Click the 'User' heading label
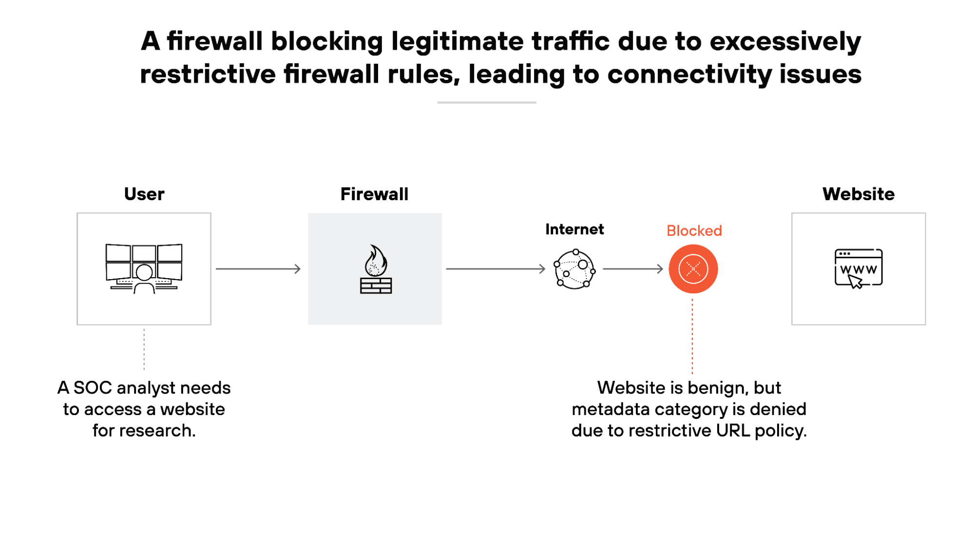click(144, 194)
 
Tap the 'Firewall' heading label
click(374, 194)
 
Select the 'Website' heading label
click(859, 194)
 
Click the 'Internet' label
click(574, 229)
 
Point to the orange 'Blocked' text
click(694, 230)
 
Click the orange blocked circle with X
click(693, 269)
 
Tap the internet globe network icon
click(574, 269)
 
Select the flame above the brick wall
click(376, 261)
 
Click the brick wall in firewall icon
click(376, 285)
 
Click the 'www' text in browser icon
click(859, 269)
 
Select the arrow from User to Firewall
click(258, 268)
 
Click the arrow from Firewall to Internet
click(496, 268)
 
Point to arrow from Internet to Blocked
click(633, 268)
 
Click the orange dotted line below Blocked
click(692, 336)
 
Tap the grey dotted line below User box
click(144, 349)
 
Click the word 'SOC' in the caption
click(93, 388)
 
